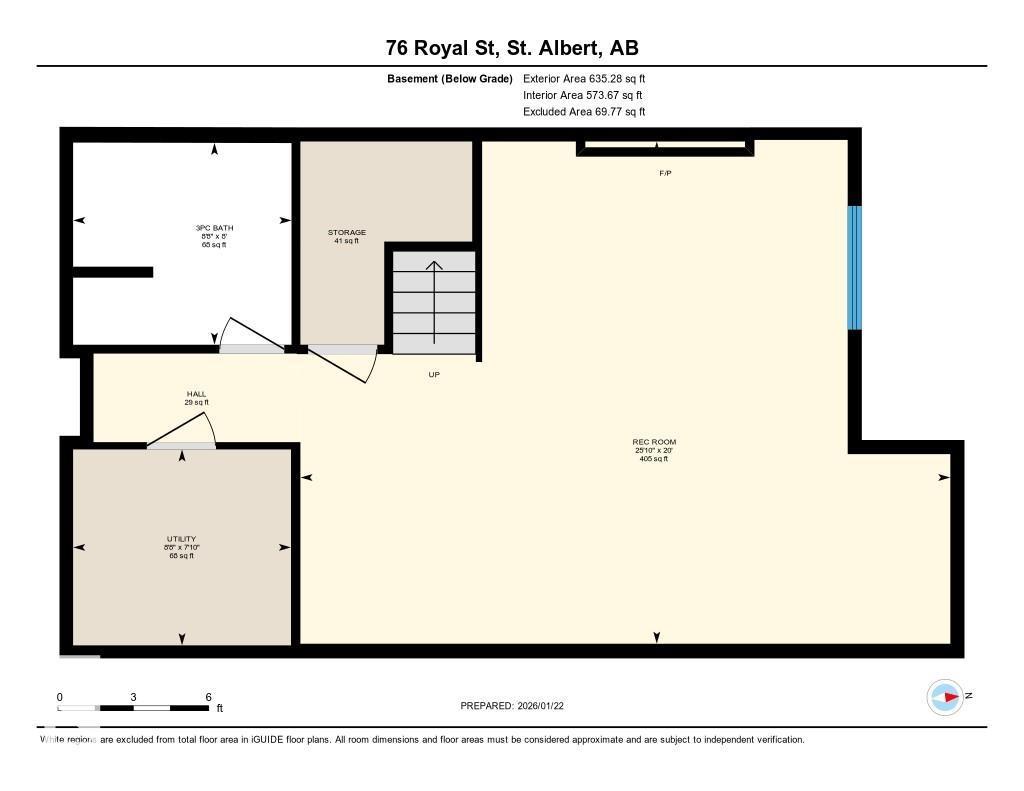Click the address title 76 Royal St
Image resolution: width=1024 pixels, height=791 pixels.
pyautogui.click(x=512, y=48)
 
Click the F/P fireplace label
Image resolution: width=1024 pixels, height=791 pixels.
pyautogui.click(x=665, y=173)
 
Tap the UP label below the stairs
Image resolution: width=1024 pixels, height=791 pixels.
pyautogui.click(x=434, y=375)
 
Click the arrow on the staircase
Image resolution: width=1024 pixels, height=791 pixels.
pyautogui.click(x=434, y=280)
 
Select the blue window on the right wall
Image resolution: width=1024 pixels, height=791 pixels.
pyautogui.click(x=854, y=267)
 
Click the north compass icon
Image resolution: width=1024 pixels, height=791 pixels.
pyautogui.click(x=944, y=696)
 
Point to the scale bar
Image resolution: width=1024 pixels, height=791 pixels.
pyautogui.click(x=134, y=707)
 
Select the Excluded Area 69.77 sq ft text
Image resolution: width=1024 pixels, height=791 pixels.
pyautogui.click(x=584, y=112)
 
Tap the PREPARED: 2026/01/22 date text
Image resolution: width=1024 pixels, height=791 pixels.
pyautogui.click(x=519, y=706)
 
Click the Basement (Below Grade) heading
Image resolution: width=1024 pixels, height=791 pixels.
pyautogui.click(x=449, y=78)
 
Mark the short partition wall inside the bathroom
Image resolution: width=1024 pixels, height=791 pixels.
pyautogui.click(x=112, y=272)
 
